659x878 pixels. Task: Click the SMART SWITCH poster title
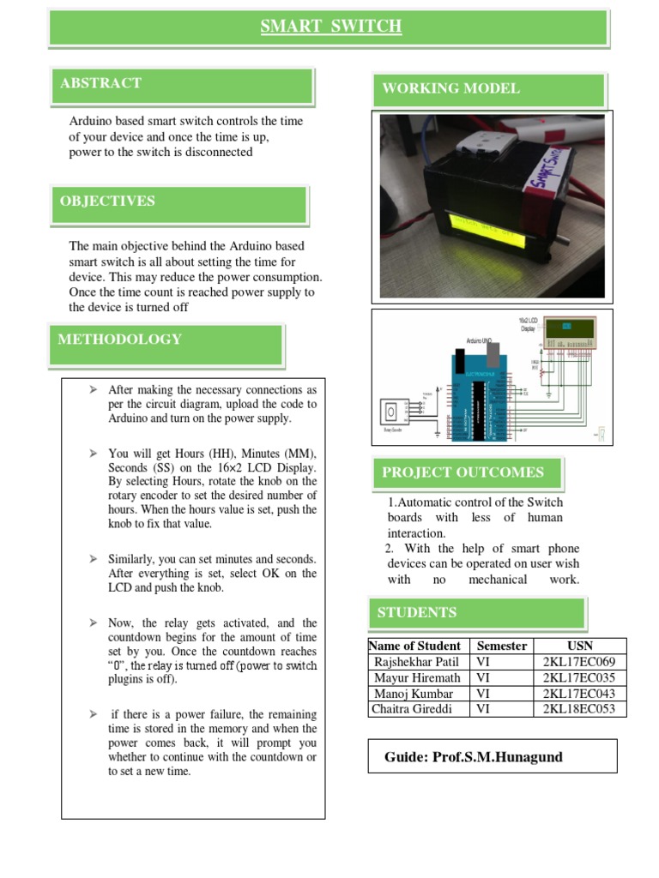point(330,27)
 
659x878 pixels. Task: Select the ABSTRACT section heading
point(100,83)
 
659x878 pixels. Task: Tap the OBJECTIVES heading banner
point(107,201)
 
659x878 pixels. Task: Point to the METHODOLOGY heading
point(119,340)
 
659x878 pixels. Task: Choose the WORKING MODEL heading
point(450,89)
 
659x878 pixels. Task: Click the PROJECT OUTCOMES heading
point(463,472)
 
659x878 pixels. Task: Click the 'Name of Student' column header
point(416,646)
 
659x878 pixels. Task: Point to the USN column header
point(580,646)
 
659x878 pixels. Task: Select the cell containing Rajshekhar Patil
point(416,662)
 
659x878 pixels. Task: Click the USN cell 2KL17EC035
point(580,677)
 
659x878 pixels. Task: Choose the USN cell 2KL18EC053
point(580,709)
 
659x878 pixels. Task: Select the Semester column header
point(502,646)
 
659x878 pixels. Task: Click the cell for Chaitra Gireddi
point(415,709)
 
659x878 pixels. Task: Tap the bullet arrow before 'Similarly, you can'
point(93,559)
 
